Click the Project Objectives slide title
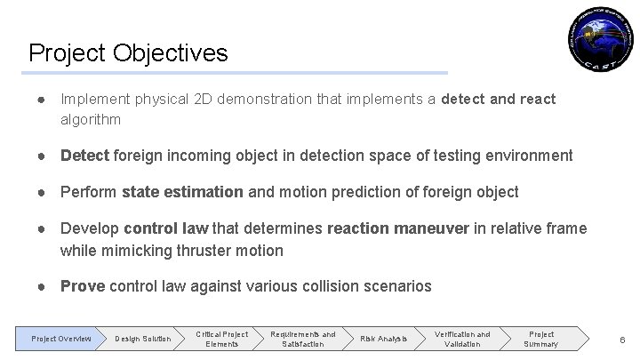pyautogui.click(x=128, y=52)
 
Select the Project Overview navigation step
pyautogui.click(x=60, y=339)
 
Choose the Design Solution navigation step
pyautogui.click(x=143, y=339)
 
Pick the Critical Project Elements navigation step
pyautogui.click(x=222, y=339)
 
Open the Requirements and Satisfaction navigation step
pyautogui.click(x=303, y=339)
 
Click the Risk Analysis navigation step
pyautogui.click(x=384, y=339)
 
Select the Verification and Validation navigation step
pyautogui.click(x=462, y=339)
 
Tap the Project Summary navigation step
pyautogui.click(x=540, y=339)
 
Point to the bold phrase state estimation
pyautogui.click(x=182, y=192)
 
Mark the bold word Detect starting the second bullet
pyautogui.click(x=84, y=156)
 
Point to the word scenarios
pyautogui.click(x=398, y=286)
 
